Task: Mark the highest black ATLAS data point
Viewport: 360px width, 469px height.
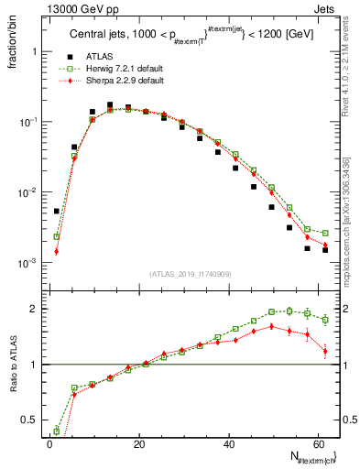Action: tap(110, 105)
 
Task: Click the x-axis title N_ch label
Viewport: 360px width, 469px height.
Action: tap(310, 457)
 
